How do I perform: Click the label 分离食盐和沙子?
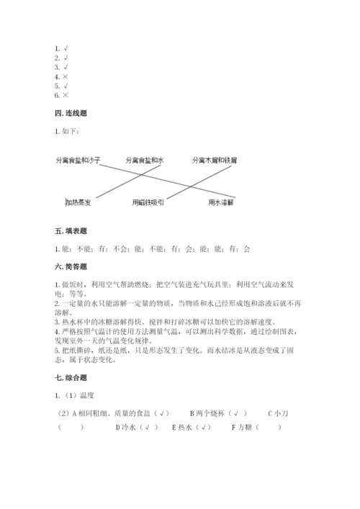coord(77,160)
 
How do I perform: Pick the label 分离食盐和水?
coord(145,160)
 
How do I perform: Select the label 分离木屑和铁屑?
coord(215,160)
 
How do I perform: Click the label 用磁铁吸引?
coord(148,203)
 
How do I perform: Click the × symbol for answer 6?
coord(66,95)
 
